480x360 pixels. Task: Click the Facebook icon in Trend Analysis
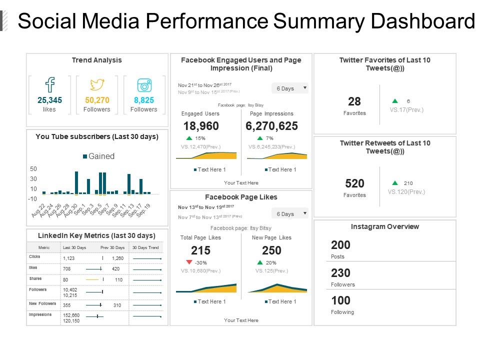coord(50,84)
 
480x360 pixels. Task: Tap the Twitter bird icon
coord(97,84)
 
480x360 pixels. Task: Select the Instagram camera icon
coord(144,85)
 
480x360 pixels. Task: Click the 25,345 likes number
coord(50,100)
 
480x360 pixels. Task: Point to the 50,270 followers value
coord(97,100)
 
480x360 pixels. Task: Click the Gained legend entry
coord(98,156)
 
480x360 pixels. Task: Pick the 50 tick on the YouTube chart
coord(33,169)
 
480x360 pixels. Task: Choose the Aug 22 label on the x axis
coord(39,210)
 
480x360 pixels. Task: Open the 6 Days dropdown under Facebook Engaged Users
coord(290,88)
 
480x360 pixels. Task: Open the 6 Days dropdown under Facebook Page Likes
coord(290,213)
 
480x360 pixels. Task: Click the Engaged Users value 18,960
coord(201,126)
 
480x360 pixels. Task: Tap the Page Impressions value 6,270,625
coord(271,126)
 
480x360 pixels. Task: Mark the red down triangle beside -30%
coord(189,262)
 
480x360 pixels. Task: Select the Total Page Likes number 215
coord(201,250)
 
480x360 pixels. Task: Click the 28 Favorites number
coord(354,101)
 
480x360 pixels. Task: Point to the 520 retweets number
coord(354,183)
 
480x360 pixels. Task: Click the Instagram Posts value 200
coord(341,245)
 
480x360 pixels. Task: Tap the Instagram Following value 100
coord(341,300)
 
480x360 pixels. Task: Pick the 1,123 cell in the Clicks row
coord(68,258)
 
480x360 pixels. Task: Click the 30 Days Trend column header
coord(145,247)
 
